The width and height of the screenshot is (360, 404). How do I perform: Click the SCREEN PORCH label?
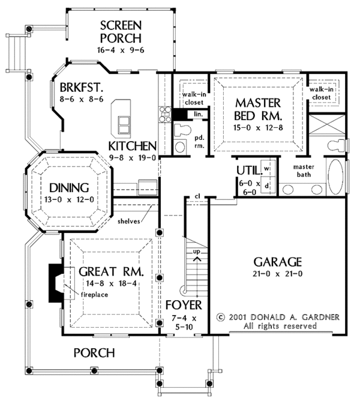121,32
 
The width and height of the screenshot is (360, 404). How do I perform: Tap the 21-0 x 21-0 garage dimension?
278,274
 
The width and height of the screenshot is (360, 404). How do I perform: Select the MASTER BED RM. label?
258,109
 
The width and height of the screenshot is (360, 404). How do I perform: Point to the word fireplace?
95,295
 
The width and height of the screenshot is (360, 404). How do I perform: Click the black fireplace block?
55,283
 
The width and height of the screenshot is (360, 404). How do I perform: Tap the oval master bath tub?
336,176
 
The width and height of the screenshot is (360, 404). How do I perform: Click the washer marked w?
267,168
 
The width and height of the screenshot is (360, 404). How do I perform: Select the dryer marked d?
267,185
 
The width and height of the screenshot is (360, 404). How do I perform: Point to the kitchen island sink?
124,125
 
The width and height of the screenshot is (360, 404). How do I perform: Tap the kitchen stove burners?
165,114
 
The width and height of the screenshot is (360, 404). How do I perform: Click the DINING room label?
69,187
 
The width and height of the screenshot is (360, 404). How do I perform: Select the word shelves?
129,221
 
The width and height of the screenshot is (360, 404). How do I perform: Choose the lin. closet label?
199,114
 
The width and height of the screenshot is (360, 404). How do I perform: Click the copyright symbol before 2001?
220,317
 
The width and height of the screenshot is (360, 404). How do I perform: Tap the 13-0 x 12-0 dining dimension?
69,199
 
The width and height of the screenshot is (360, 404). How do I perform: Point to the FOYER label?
184,305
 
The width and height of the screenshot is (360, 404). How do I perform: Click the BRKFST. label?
82,88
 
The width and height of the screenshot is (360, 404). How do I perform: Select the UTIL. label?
248,170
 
